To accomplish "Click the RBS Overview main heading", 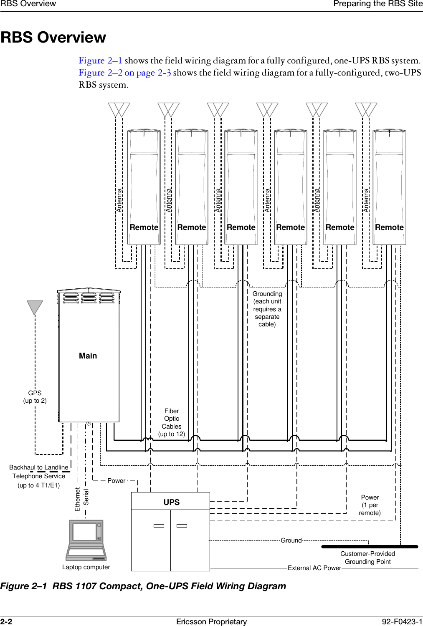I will coord(53,38).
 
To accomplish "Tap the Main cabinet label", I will coord(88,356).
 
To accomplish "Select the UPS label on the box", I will coord(171,502).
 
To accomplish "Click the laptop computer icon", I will coord(86,540).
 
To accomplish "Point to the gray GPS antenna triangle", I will coord(35,307).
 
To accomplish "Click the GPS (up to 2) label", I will coord(35,397).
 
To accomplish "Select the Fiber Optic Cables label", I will coord(172,422).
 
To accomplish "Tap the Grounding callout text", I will coord(267,309).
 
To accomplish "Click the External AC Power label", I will coord(314,568).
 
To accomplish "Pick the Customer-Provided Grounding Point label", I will coord(367,558).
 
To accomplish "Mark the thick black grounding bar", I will coord(370,546).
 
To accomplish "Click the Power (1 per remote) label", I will coord(370,505).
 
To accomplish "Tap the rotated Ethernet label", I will coord(77,499).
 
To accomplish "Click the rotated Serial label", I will coord(86,497).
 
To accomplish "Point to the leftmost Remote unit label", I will coord(144,227).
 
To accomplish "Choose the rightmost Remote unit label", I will coord(389,227).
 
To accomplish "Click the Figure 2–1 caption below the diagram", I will coord(143,586).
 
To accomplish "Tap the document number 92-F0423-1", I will coord(402,621).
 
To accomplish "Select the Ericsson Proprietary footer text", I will coord(211,621).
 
